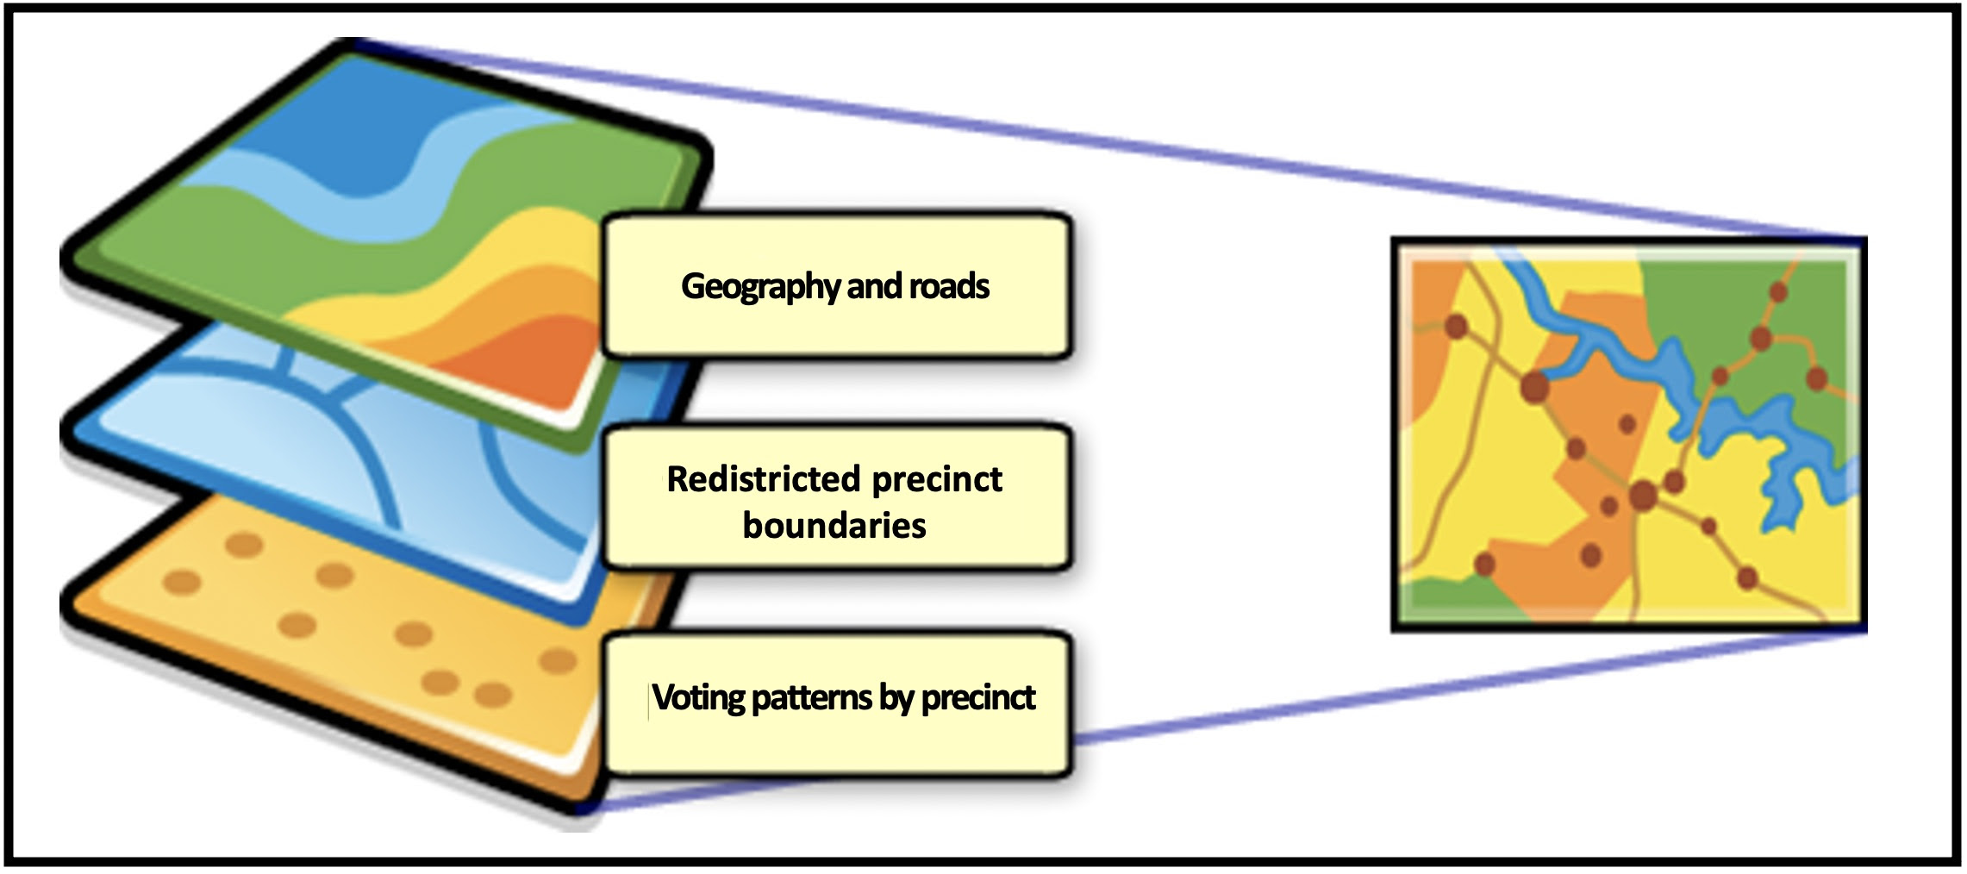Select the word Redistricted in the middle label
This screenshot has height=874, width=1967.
click(764, 479)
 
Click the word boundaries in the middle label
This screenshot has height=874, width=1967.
click(834, 525)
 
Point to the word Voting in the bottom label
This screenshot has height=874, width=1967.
click(698, 698)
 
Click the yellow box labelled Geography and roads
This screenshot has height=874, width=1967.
click(837, 285)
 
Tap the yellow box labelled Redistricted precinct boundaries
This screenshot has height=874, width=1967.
click(837, 499)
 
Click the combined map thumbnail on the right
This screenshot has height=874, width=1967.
click(1628, 435)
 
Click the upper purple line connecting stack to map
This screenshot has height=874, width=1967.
click(1112, 138)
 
